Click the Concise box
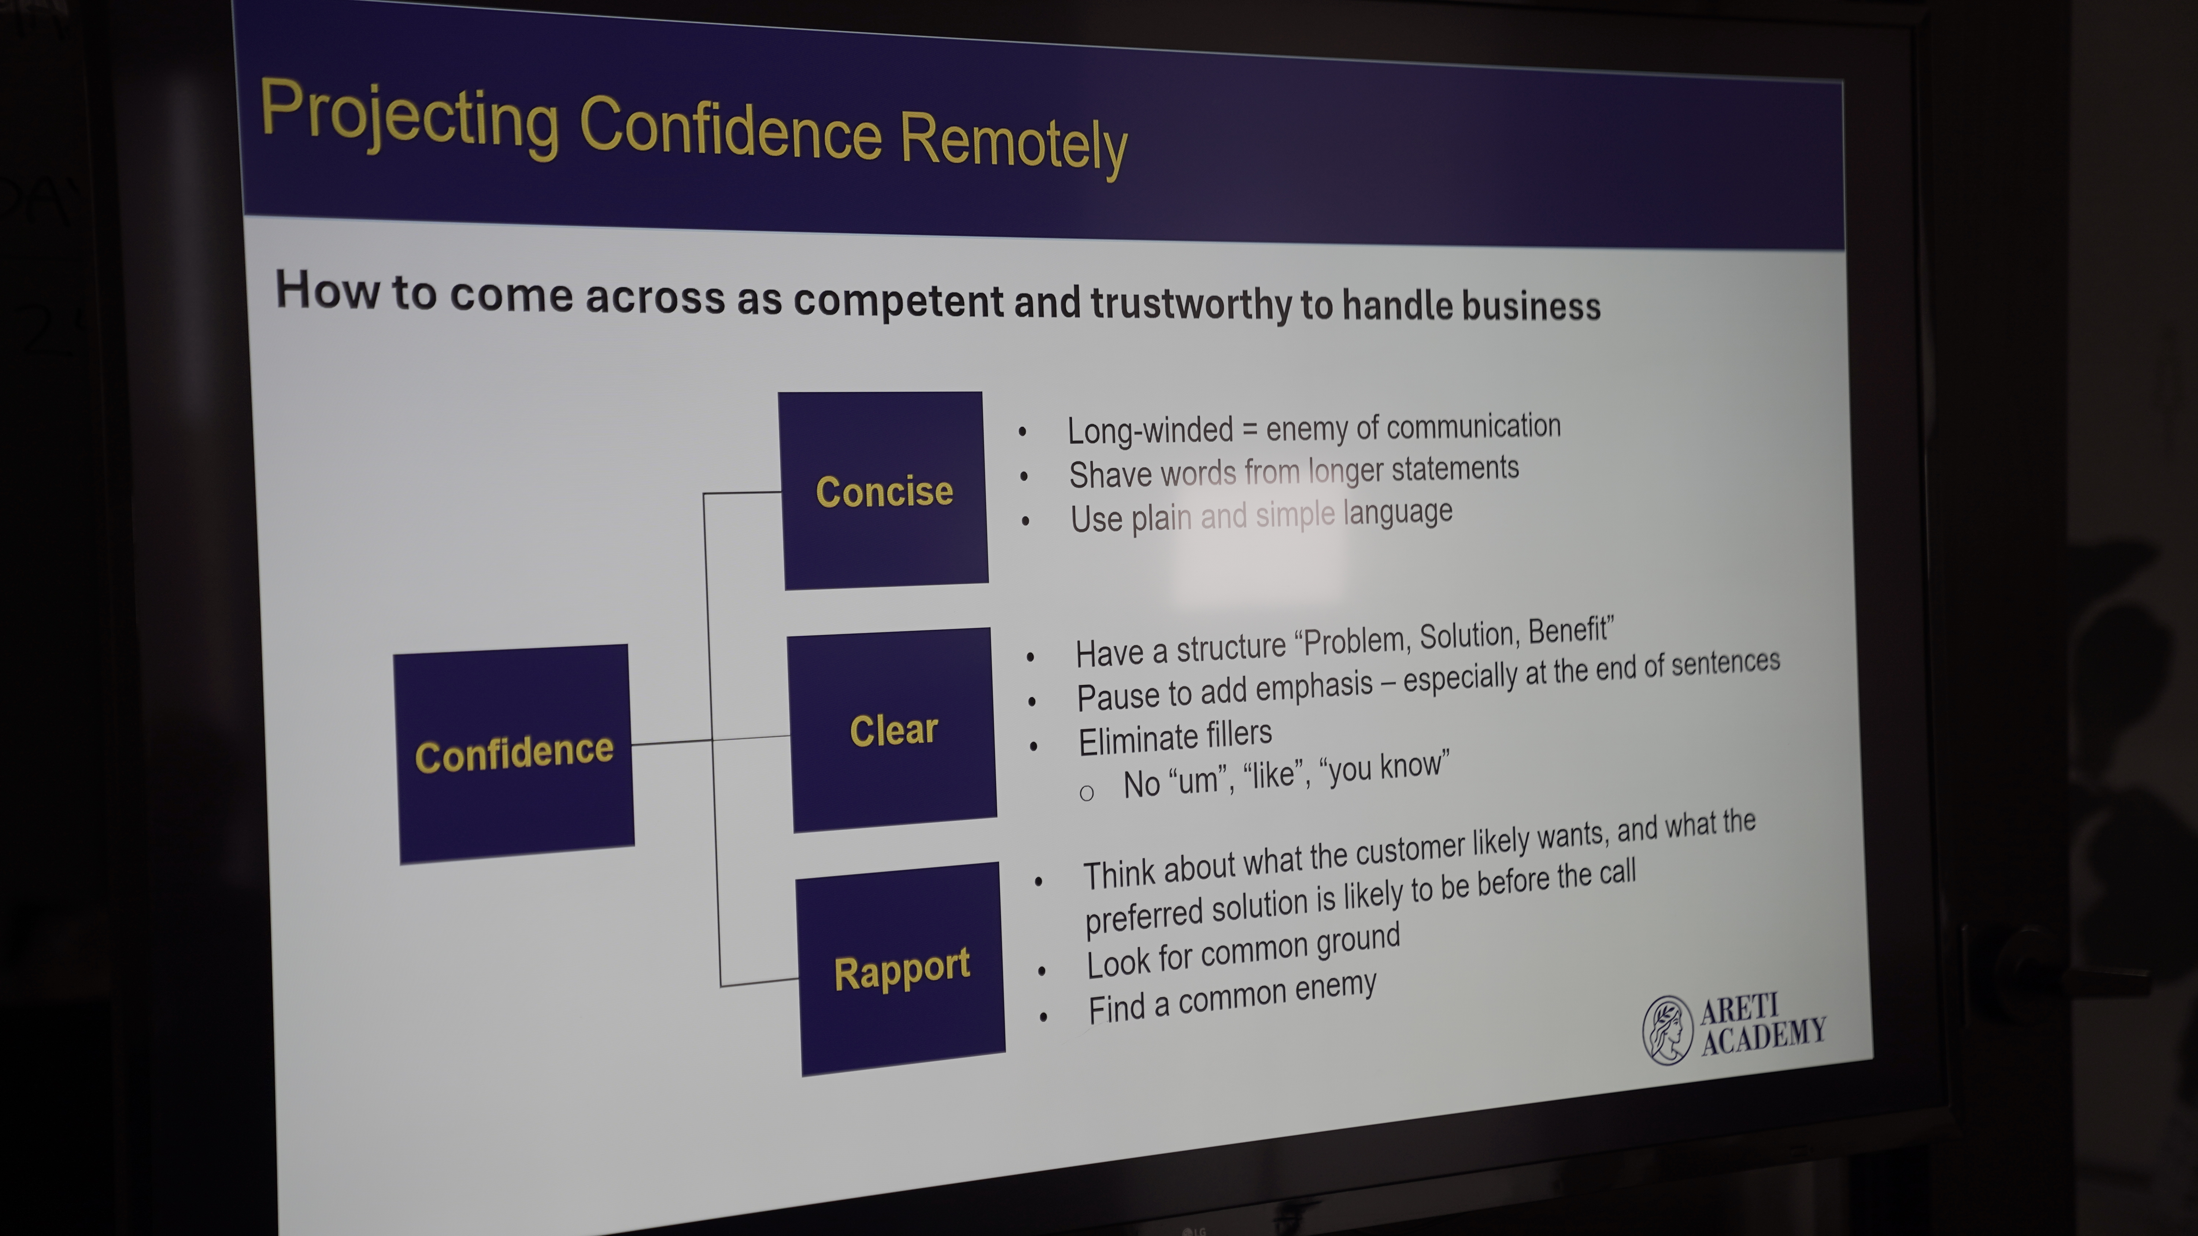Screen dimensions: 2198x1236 click(884, 491)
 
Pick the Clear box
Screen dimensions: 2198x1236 click(892, 730)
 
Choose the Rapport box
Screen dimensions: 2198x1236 click(901, 969)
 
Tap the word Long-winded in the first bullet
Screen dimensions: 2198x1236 click(1150, 431)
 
